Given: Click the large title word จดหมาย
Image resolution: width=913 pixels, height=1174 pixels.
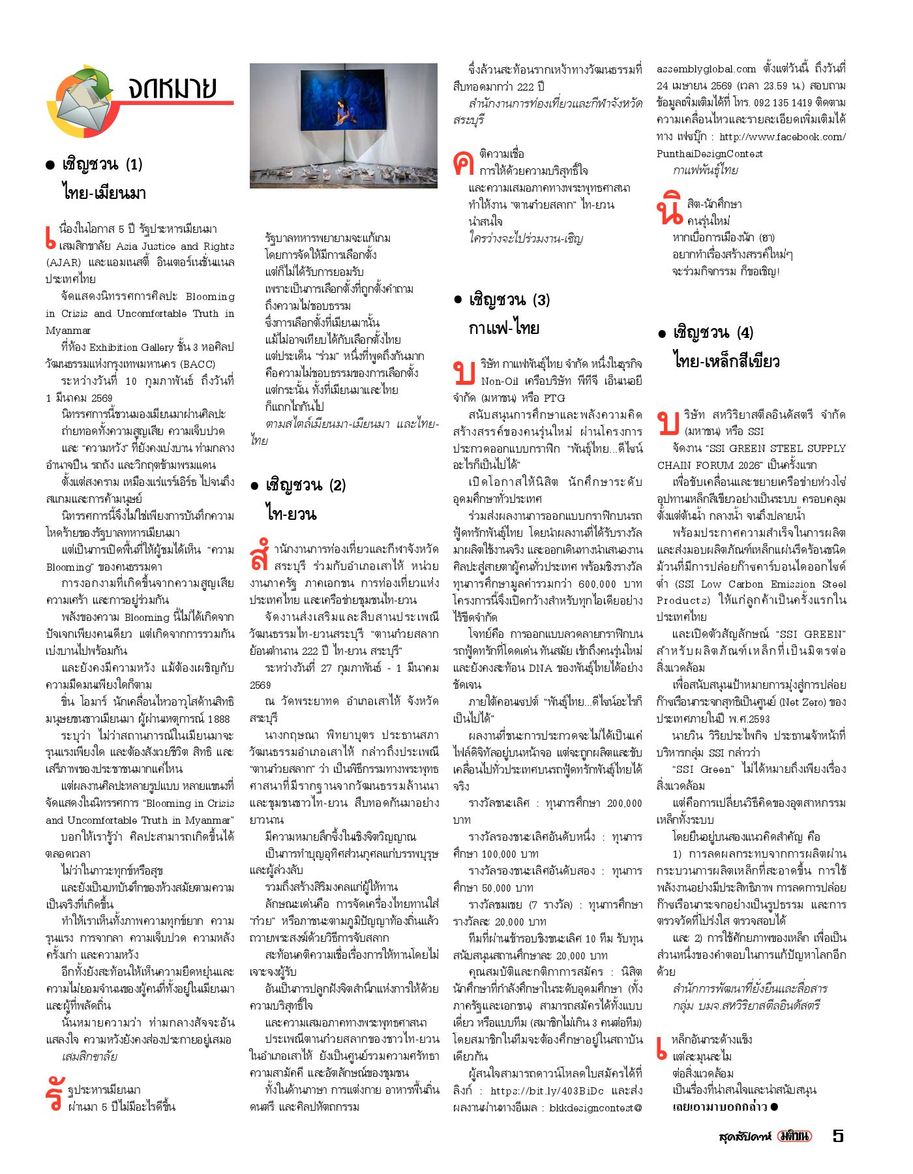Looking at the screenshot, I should coord(172,87).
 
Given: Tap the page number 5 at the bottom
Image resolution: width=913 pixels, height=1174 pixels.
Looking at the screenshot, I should coord(838,1136).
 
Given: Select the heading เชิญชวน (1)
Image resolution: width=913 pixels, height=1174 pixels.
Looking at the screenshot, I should coord(102,164).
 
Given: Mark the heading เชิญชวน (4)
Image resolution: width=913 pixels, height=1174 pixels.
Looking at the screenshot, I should coord(713,333).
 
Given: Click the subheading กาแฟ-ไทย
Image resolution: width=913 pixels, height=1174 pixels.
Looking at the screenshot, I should coord(503,328).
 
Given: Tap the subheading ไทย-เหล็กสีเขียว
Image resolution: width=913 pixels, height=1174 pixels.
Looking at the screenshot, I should coord(726,361).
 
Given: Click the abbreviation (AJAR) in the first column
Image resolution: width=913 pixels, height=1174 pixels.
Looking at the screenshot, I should coord(63,263).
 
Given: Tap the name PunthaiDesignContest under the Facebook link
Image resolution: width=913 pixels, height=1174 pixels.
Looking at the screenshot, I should coord(710,154).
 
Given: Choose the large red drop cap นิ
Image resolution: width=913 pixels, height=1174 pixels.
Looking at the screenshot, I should coord(669,210).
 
